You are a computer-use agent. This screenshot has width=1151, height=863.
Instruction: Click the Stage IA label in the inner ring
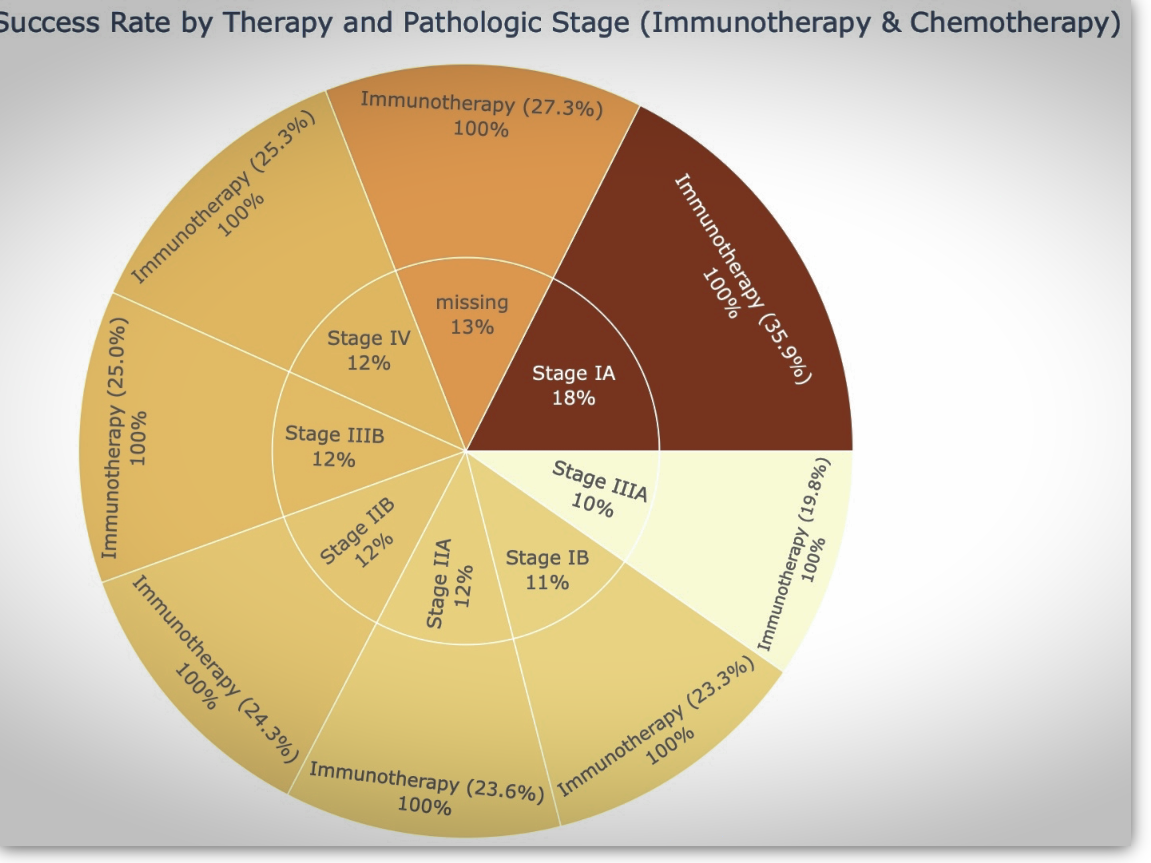574,374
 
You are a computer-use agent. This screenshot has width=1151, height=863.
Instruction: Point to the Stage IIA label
439,584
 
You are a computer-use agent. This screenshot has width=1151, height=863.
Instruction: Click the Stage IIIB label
335,435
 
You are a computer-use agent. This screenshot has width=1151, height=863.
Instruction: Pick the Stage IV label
369,339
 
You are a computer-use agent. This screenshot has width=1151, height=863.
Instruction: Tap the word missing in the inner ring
472,302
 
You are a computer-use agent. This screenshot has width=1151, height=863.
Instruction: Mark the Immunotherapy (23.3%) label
656,726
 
